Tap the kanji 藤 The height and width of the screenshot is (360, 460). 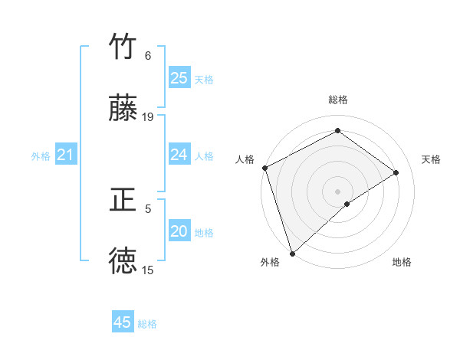point(123,109)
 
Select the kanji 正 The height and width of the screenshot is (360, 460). point(123,201)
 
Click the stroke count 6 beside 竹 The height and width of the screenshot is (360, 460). point(148,56)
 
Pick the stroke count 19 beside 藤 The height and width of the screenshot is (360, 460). point(148,117)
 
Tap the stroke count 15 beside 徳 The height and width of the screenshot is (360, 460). point(148,270)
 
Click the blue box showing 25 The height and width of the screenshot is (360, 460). point(179,78)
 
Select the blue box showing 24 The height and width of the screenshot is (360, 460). point(179,155)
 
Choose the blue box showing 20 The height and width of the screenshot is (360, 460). point(179,231)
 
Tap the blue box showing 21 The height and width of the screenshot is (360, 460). point(65,155)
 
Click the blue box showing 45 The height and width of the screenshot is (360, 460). point(123,322)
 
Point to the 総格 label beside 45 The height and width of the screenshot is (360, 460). point(147,324)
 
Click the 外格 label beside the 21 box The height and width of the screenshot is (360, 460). point(41,156)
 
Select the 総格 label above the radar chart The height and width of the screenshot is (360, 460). point(338,100)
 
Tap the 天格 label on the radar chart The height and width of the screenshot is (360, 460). point(432,159)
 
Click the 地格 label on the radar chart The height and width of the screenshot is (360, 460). point(402,262)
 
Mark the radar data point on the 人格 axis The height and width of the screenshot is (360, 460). point(264,168)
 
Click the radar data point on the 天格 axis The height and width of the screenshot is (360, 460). point(396,172)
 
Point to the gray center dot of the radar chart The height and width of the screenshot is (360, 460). point(338,191)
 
